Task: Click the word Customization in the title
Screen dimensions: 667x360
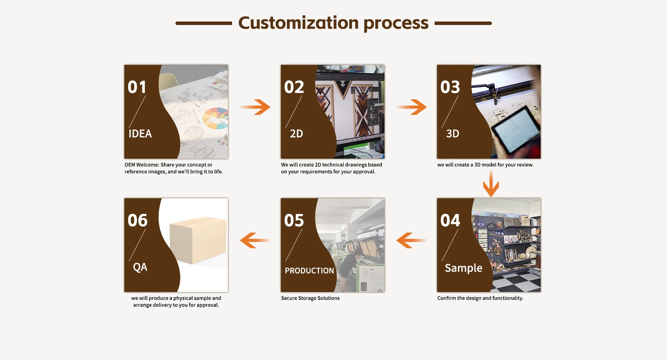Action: pyautogui.click(x=298, y=23)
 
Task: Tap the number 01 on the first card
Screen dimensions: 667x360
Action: pyautogui.click(x=137, y=87)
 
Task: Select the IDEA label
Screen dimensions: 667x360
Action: pyautogui.click(x=140, y=133)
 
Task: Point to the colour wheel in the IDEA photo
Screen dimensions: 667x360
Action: pyautogui.click(x=215, y=118)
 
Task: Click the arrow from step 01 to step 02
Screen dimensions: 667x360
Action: pyautogui.click(x=255, y=107)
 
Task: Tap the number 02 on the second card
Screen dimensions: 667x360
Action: pyautogui.click(x=294, y=87)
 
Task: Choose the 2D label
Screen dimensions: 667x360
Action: pyautogui.click(x=296, y=133)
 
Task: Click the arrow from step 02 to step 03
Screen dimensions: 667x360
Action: pyautogui.click(x=411, y=107)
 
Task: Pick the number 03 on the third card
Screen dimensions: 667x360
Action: pyautogui.click(x=450, y=87)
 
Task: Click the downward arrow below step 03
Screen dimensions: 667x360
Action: pyautogui.click(x=491, y=183)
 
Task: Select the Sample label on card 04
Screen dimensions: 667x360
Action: pyautogui.click(x=463, y=268)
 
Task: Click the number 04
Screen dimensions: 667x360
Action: pyautogui.click(x=450, y=220)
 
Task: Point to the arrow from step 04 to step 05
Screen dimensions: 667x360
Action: pyautogui.click(x=411, y=240)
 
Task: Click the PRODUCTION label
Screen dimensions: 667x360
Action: pyautogui.click(x=310, y=270)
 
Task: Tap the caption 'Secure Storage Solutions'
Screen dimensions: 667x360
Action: pyautogui.click(x=310, y=298)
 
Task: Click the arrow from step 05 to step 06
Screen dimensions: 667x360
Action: pyautogui.click(x=255, y=240)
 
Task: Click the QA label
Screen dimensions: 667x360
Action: pyautogui.click(x=140, y=267)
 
